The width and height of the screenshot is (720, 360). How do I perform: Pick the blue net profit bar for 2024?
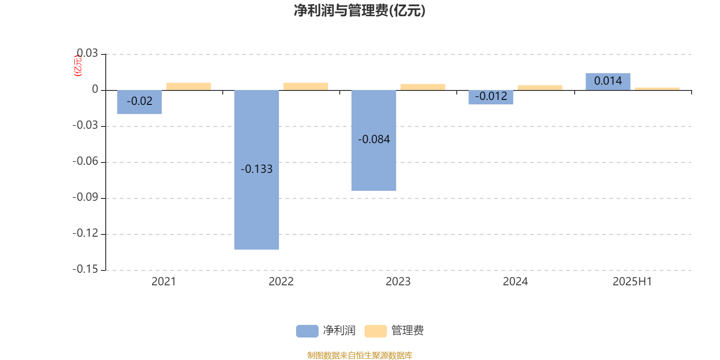point(491,97)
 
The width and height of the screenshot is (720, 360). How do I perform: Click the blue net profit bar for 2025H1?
point(608,81)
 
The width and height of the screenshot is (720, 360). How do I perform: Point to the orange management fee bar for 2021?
point(189,86)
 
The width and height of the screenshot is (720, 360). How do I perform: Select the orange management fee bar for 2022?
point(306,86)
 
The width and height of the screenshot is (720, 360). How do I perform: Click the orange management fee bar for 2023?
point(423,87)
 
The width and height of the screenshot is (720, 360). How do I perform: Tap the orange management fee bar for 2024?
point(540,88)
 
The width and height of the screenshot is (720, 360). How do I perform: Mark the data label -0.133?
point(256,169)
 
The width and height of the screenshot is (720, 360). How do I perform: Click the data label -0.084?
point(374,139)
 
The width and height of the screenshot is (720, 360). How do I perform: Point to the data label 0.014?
point(608,81)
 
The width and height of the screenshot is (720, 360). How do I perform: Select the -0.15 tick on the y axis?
point(85,270)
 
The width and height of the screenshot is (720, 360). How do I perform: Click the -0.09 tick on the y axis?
point(85,198)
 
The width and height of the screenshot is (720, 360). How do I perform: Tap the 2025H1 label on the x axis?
point(632,282)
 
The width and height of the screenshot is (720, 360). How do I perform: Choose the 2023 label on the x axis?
point(398,282)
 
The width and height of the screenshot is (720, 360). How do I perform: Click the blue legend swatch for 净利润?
point(307,331)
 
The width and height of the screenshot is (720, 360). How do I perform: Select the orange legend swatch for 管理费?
point(375,331)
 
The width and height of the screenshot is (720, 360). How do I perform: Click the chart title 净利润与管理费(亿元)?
point(360,11)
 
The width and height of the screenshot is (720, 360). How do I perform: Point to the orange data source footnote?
point(360,355)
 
